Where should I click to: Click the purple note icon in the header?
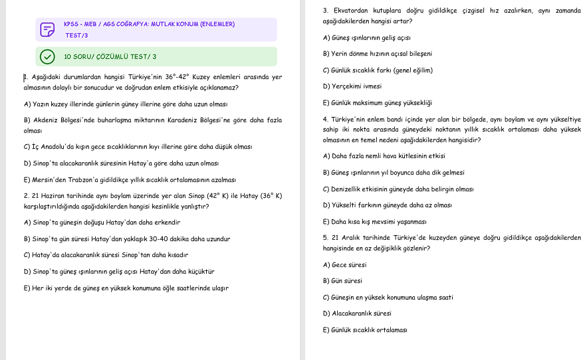(47, 30)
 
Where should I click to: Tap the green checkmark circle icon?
(47, 56)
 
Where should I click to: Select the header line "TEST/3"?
(76, 35)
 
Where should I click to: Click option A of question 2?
(102, 223)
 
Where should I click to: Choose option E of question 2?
(126, 288)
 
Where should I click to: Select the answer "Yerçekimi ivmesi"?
(352, 86)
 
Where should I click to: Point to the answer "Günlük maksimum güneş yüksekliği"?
(377, 103)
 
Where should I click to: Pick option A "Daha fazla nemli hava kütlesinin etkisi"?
(384, 156)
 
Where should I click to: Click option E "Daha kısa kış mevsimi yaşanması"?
(374, 222)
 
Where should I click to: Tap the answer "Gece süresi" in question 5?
(344, 265)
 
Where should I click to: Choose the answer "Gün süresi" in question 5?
(342, 281)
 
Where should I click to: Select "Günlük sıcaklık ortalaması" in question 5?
(365, 330)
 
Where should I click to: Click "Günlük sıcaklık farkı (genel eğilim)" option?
(378, 70)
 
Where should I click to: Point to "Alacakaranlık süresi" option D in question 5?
(357, 314)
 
